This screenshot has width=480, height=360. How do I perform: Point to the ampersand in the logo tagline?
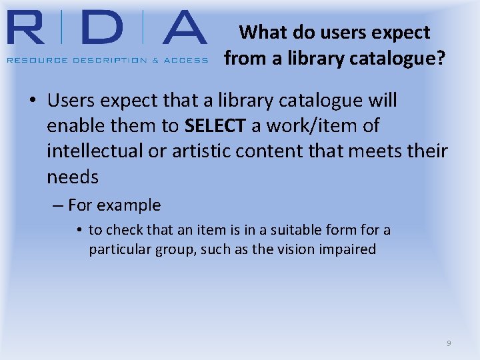click(156, 60)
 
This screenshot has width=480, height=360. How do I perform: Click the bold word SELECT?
click(215, 125)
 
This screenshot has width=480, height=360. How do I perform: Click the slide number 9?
click(449, 343)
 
